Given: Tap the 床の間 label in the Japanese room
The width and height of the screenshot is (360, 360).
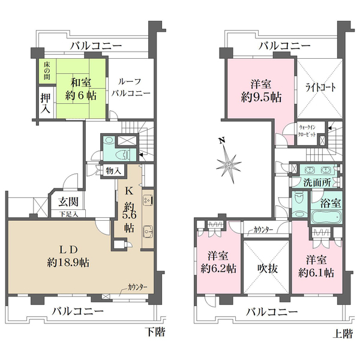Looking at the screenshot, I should pyautogui.click(x=47, y=70).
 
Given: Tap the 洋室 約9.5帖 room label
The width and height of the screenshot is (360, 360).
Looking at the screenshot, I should pyautogui.click(x=260, y=89).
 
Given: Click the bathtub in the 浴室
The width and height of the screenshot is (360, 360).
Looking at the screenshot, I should pyautogui.click(x=325, y=216).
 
